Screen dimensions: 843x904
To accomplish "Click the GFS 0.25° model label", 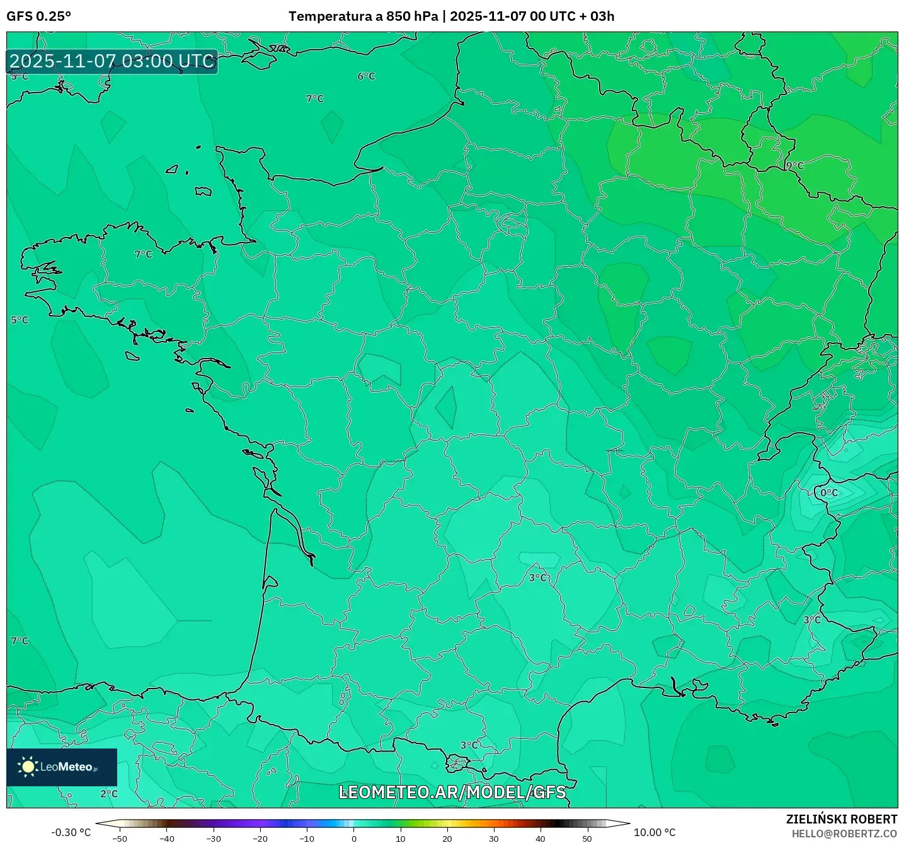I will (x=38, y=16).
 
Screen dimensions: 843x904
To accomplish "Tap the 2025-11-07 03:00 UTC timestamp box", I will (x=112, y=61).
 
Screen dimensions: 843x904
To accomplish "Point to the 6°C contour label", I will (x=366, y=76).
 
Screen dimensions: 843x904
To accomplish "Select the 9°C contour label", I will (x=794, y=165).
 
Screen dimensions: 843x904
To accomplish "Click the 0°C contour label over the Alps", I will (x=829, y=493).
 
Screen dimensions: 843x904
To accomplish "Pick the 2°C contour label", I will (x=109, y=793).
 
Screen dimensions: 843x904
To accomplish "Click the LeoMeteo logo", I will (x=62, y=767).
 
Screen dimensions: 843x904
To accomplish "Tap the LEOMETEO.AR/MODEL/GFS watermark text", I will (x=452, y=792).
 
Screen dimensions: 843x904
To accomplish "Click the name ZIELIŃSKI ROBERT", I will (x=841, y=819).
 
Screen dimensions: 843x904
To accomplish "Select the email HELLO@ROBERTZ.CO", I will (x=844, y=834).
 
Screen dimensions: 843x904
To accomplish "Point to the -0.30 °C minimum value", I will (x=71, y=832).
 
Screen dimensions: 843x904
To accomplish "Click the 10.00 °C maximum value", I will (x=654, y=832).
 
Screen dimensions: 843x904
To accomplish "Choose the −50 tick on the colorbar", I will (x=119, y=839).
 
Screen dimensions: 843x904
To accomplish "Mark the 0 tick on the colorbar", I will (x=354, y=839).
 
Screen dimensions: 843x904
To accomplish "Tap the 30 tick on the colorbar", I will (x=493, y=839).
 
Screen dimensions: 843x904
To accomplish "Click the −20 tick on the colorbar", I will (x=260, y=839).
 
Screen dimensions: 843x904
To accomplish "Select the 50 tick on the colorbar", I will (x=586, y=839).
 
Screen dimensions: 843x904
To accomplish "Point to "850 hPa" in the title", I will (x=412, y=16).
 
